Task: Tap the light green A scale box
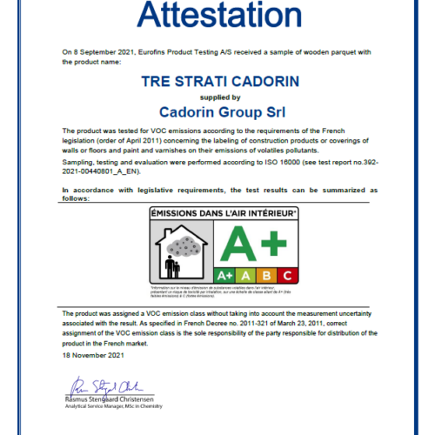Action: click(247, 274)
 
